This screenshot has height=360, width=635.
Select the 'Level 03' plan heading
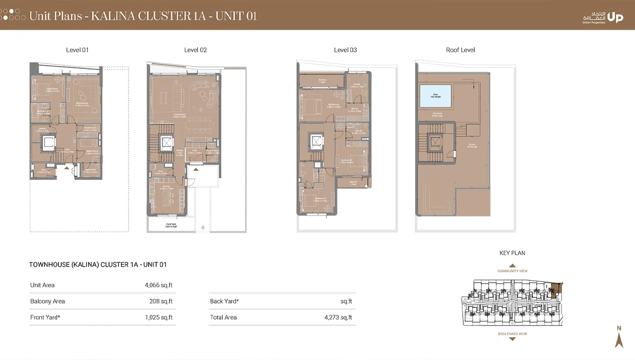345,50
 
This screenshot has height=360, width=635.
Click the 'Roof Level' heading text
460,50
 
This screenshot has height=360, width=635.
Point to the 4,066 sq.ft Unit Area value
158,285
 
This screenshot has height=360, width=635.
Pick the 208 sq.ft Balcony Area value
161,301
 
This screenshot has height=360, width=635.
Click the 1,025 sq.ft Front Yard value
158,318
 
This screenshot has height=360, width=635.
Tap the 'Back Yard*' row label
224,301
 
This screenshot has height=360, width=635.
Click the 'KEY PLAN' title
512,253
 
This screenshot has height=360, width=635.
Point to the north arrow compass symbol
619,337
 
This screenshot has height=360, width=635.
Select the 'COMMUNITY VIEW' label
512,271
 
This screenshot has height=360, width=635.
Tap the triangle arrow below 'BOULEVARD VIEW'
512,339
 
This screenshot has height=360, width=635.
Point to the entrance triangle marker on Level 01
67,168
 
